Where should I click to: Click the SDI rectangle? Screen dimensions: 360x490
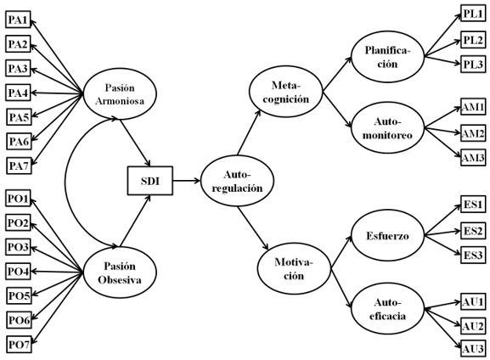(149, 180)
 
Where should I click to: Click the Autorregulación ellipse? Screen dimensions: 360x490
(230, 180)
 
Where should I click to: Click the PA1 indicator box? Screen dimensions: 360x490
(17, 20)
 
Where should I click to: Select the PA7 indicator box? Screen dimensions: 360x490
(17, 164)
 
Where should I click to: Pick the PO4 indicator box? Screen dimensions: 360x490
(17, 272)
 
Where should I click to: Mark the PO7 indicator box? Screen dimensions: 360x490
(17, 344)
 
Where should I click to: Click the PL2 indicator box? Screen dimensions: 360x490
(473, 39)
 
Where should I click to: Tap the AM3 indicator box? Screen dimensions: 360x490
(472, 158)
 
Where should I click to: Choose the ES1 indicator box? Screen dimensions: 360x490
(473, 205)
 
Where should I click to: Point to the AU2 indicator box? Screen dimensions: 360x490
(472, 325)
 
